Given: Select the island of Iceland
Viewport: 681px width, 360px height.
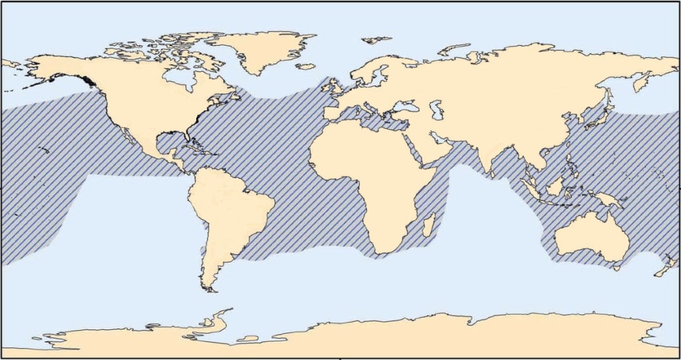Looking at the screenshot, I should [305, 67].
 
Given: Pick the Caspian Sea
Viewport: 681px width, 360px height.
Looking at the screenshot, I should [436, 109].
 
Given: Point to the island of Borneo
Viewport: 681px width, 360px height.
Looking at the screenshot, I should [555, 186].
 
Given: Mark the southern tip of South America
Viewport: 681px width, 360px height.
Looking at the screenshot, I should [210, 289].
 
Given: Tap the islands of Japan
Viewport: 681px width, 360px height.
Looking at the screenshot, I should [601, 116].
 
